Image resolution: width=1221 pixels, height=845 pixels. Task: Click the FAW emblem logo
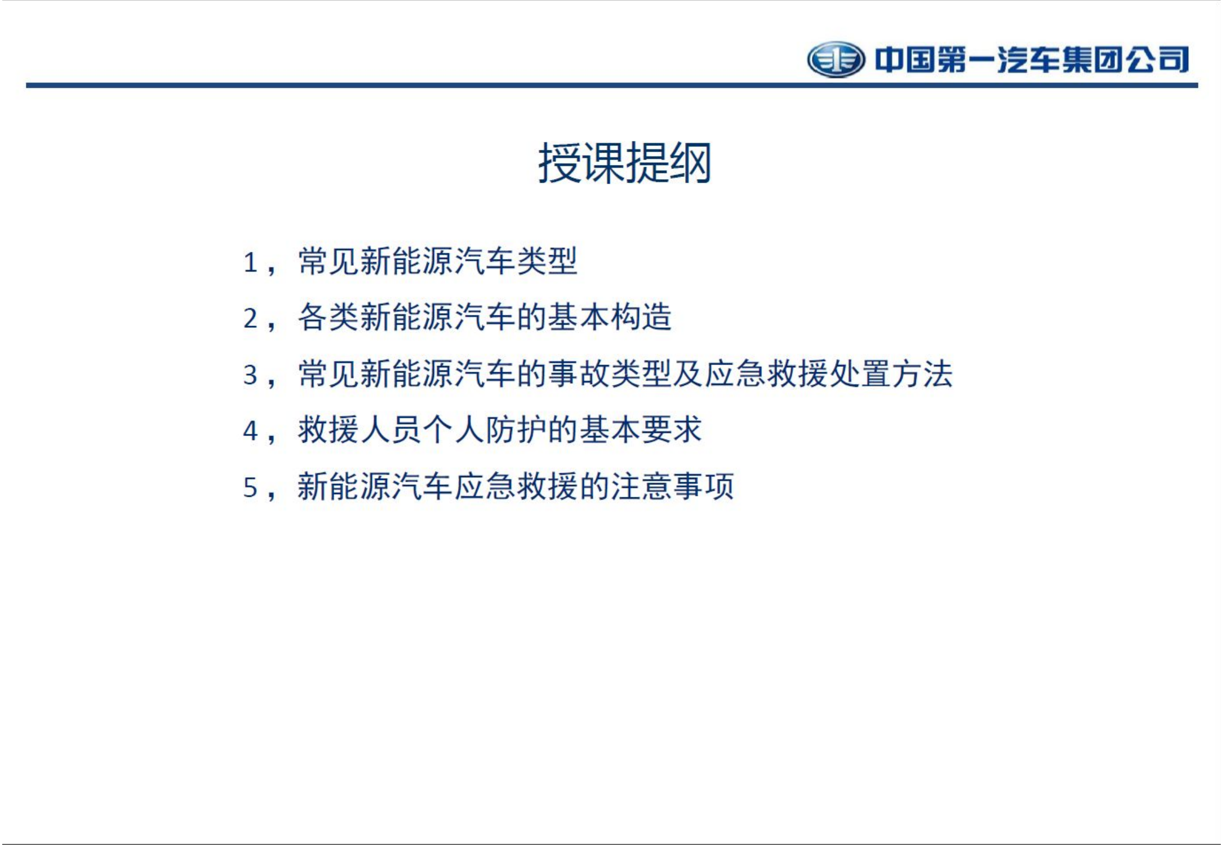coord(836,59)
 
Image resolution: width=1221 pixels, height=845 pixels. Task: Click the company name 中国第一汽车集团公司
coord(1031,60)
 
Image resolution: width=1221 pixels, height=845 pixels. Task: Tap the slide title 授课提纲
coord(624,163)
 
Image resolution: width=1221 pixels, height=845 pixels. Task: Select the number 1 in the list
coord(250,263)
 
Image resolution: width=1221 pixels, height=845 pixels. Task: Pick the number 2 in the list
coord(250,319)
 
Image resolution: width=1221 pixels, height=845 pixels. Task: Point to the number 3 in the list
coord(250,375)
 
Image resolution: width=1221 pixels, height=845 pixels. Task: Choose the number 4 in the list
coord(250,432)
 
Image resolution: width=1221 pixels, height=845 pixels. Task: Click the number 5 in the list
coord(250,488)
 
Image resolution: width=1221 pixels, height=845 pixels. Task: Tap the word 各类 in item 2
coord(328,318)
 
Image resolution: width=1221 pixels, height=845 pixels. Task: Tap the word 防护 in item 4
coord(516,430)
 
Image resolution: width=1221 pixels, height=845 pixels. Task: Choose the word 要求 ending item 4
coord(671,430)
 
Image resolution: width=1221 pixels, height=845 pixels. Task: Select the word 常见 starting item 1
coord(328,261)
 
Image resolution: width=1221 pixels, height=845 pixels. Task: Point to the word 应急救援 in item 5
coord(516,487)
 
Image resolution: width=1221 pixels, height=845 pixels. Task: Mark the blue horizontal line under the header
coord(611,85)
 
